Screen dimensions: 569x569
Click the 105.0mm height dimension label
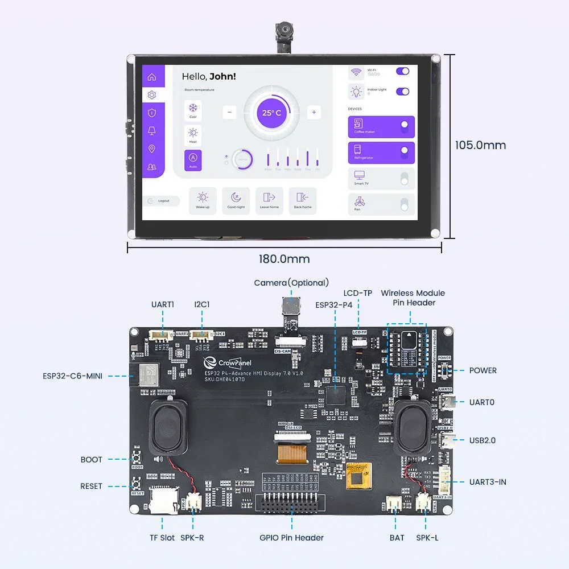click(x=480, y=145)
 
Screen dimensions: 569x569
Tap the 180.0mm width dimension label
click(x=284, y=259)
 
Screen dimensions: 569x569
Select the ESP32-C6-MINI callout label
click(x=72, y=376)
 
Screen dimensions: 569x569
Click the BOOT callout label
click(x=91, y=459)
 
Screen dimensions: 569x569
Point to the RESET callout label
click(x=91, y=486)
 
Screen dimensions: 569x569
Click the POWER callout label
click(x=483, y=370)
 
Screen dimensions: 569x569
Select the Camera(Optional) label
click(x=291, y=283)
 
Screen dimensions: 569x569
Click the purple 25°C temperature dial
click(x=271, y=113)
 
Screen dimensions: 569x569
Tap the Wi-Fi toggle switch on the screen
click(x=402, y=72)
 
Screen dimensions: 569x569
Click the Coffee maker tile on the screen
click(x=381, y=127)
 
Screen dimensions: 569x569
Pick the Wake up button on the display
click(x=203, y=200)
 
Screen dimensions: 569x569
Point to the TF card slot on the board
click(x=163, y=499)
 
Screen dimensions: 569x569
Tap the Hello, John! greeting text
click(x=208, y=76)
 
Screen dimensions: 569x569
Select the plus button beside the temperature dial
click(x=314, y=113)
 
